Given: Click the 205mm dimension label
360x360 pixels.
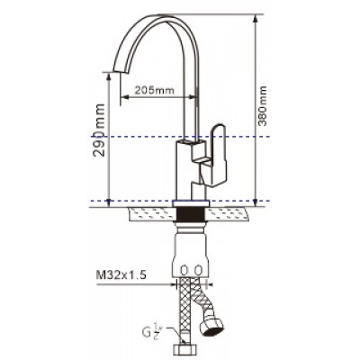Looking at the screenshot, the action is (x=154, y=90).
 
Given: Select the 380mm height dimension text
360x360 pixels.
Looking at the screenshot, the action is (x=263, y=106).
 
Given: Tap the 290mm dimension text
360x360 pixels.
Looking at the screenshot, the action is (x=99, y=130).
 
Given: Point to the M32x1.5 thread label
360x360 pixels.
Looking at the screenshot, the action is (x=121, y=275).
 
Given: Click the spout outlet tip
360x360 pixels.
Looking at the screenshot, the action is (x=117, y=71).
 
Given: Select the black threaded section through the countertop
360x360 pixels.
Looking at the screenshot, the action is (x=191, y=213).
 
